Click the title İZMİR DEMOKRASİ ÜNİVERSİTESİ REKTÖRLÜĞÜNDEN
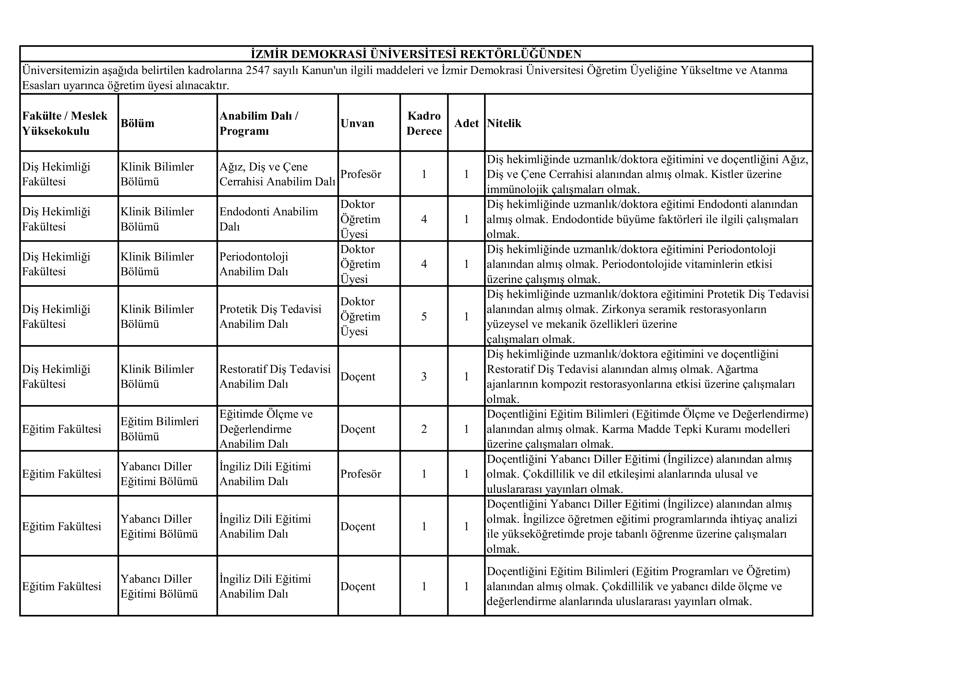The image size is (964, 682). click(x=416, y=54)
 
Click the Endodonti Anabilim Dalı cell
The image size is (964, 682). click(x=269, y=219)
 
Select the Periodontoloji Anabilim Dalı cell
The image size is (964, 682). click(x=254, y=264)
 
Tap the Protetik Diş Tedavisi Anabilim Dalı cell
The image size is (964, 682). click(x=270, y=316)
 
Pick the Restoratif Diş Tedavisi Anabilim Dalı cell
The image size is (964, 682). click(x=275, y=376)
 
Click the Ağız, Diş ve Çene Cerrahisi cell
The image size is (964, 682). click(x=277, y=174)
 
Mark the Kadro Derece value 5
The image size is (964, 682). click(x=424, y=316)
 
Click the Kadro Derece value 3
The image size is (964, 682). click(x=424, y=376)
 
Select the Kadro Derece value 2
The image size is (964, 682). click(x=424, y=429)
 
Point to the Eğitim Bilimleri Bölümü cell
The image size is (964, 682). click(x=159, y=429)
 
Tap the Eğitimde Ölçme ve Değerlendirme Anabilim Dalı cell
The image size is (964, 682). click(x=266, y=429)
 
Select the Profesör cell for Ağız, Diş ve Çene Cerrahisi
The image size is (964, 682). click(x=361, y=174)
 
